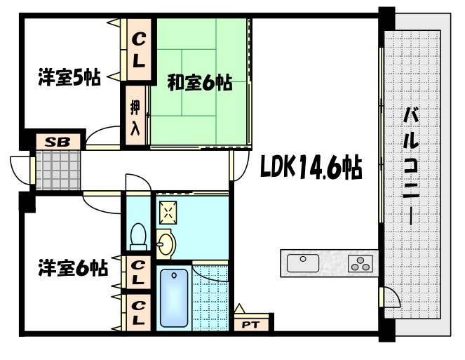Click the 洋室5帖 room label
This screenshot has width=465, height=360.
(x=68, y=78)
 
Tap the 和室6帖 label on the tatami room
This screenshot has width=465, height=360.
(x=200, y=83)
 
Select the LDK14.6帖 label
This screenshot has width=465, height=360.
(x=311, y=168)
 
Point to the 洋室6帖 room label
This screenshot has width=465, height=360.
(x=73, y=267)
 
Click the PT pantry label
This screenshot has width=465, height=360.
(x=250, y=324)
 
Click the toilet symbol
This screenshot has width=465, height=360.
(x=138, y=236)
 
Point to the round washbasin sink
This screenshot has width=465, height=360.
(x=166, y=243)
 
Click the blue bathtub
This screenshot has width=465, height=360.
(x=174, y=298)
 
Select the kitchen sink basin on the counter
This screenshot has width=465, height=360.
(x=303, y=263)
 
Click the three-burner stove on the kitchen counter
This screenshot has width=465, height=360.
(x=362, y=265)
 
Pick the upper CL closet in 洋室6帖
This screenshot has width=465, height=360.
(x=139, y=271)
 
